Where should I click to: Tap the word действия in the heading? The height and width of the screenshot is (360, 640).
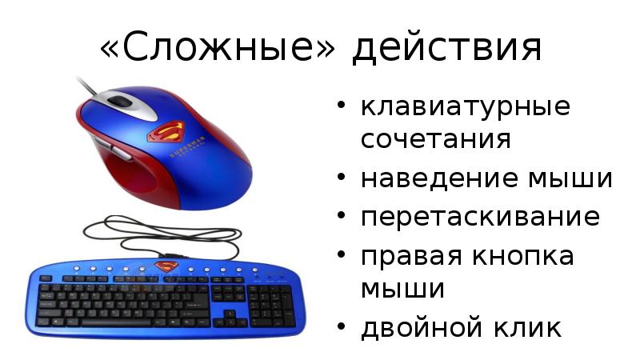[447, 48]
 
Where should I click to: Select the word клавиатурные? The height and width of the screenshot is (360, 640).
[465, 107]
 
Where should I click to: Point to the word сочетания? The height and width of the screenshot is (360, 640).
[435, 138]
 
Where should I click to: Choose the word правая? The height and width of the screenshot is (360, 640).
[406, 257]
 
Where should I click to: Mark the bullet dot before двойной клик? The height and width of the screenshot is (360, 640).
[342, 328]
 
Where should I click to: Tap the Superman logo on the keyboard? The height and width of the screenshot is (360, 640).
[166, 266]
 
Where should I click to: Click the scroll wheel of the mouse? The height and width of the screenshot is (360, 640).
[120, 102]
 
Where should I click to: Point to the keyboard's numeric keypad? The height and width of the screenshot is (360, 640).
[270, 305]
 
